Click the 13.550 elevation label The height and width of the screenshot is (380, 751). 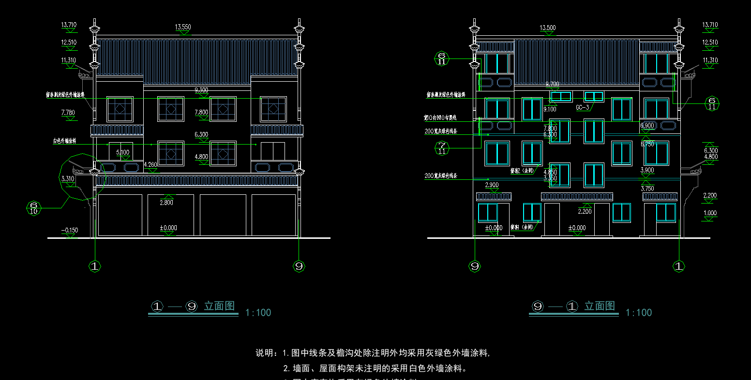(x=182, y=28)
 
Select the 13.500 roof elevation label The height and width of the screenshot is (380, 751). (x=547, y=28)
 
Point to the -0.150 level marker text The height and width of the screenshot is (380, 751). (x=70, y=231)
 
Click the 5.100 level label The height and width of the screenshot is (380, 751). (x=122, y=152)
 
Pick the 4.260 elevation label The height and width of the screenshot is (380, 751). (x=150, y=165)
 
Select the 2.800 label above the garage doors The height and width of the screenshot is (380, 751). (x=166, y=203)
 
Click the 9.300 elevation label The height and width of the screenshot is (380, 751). (x=201, y=90)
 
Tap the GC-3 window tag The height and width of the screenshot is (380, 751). (x=582, y=107)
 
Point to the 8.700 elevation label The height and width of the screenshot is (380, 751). (x=553, y=85)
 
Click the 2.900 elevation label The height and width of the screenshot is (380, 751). (x=492, y=185)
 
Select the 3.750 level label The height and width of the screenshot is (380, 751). (x=647, y=189)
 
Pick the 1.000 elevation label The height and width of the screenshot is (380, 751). (x=710, y=213)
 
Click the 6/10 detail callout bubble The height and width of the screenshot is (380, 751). (x=33, y=208)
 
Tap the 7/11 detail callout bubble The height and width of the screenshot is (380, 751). (x=441, y=148)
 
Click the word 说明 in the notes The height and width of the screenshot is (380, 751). (x=266, y=353)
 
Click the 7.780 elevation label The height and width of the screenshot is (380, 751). (x=68, y=113)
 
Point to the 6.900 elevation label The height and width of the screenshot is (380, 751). (x=647, y=126)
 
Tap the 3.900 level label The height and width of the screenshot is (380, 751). (x=647, y=170)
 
